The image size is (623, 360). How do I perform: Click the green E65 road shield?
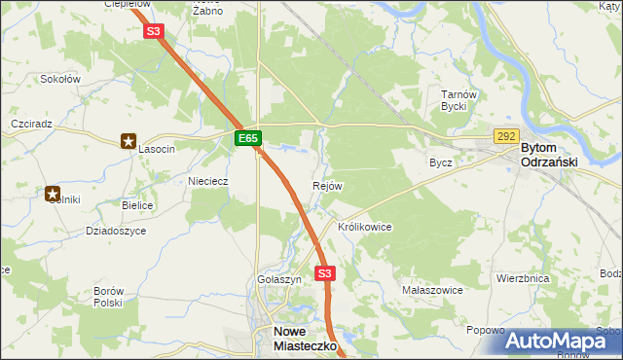tap(248, 139)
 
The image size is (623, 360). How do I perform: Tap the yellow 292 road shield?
tap(505, 137)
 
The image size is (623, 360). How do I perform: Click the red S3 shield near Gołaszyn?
tap(324, 274)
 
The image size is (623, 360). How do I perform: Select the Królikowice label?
tap(364, 227)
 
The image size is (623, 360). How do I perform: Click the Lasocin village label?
tap(156, 149)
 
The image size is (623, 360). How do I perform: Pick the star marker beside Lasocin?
tap(128, 142)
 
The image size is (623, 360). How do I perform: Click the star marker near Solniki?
tap(53, 194)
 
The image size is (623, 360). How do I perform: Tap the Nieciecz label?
tap(207, 180)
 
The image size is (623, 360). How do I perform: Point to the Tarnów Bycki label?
tap(457, 100)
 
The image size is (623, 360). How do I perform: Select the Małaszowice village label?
tap(431, 290)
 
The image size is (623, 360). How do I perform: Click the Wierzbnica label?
tap(523, 277)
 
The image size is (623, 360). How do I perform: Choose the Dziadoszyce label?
tap(116, 231)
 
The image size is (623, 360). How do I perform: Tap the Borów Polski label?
tap(108, 297)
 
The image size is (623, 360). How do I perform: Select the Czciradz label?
tap(30, 126)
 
